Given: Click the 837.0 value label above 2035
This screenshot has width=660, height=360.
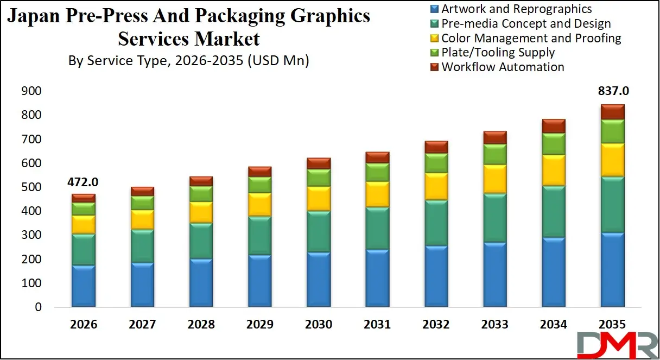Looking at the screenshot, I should coord(612,91).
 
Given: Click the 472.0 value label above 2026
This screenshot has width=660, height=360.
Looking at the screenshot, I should coord(83,182).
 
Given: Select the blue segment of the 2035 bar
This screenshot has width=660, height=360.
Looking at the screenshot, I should coord(612,269).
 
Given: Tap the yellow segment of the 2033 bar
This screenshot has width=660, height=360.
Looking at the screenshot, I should coord(495,179).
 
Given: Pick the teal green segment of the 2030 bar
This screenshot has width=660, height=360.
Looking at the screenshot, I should coord(319,231).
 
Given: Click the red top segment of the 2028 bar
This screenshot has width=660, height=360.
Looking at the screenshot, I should coord(201,181).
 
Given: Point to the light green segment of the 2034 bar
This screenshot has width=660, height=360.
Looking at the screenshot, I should coord(554,144).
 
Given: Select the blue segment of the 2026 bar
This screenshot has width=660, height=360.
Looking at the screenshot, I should coord(83,286).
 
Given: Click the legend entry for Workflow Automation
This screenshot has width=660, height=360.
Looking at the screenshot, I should coord(503,67).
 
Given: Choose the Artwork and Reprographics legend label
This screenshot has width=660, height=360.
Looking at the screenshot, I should coord(516,9).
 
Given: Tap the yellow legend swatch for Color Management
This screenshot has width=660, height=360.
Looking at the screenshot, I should coord(434,39).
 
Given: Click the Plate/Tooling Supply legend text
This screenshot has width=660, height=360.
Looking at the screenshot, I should coord(498,53).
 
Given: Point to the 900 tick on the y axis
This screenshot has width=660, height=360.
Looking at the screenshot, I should coord(31,91).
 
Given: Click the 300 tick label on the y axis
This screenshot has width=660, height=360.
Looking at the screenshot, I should coord(31,235).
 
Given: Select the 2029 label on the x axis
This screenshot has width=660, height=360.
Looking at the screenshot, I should coord(259,325).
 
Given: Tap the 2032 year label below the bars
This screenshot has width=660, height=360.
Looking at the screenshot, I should coord(436,325).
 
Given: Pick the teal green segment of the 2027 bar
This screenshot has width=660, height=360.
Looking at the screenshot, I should coord(142,246).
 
